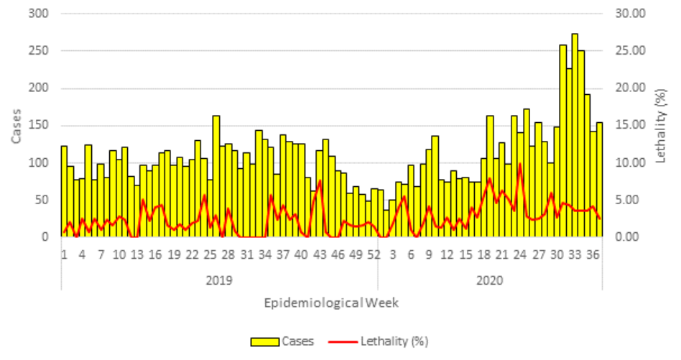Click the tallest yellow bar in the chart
click(575, 135)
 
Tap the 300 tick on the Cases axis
click(39, 14)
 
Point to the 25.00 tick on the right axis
click(630, 51)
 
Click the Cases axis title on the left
click(16, 126)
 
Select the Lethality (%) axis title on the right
click(661, 126)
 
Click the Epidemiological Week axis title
click(331, 303)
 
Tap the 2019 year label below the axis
click(219, 280)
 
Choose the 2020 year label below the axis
click(489, 280)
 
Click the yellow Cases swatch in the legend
click(264, 342)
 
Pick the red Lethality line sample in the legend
click(343, 342)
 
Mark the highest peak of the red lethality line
click(520, 164)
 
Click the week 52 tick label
click(374, 255)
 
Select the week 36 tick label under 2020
click(593, 255)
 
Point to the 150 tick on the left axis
click(39, 126)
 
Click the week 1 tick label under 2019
click(64, 255)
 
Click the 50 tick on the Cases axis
click(42, 200)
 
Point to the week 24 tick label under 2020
click(520, 255)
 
